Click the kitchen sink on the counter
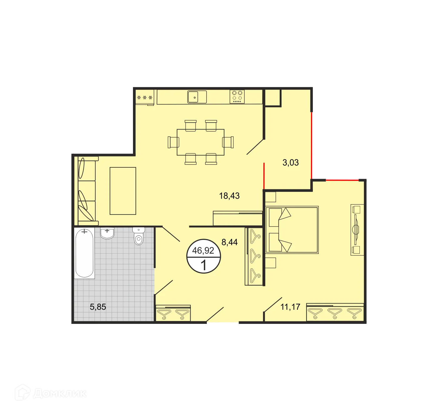tap(197, 97)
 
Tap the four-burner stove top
tap(237, 97)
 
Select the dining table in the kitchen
tap(201, 142)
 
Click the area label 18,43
tap(229, 196)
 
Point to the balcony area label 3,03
tap(290, 162)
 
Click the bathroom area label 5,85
tap(98, 307)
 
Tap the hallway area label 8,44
tap(229, 242)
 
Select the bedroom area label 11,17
tap(290, 307)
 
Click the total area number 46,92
tap(203, 250)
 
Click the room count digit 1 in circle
tap(203, 265)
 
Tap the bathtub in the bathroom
tap(84, 253)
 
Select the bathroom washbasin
tap(107, 233)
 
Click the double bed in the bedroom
tap(292, 230)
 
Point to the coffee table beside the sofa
tap(123, 191)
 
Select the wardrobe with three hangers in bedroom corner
tap(335, 312)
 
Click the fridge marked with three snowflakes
tap(145, 97)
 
